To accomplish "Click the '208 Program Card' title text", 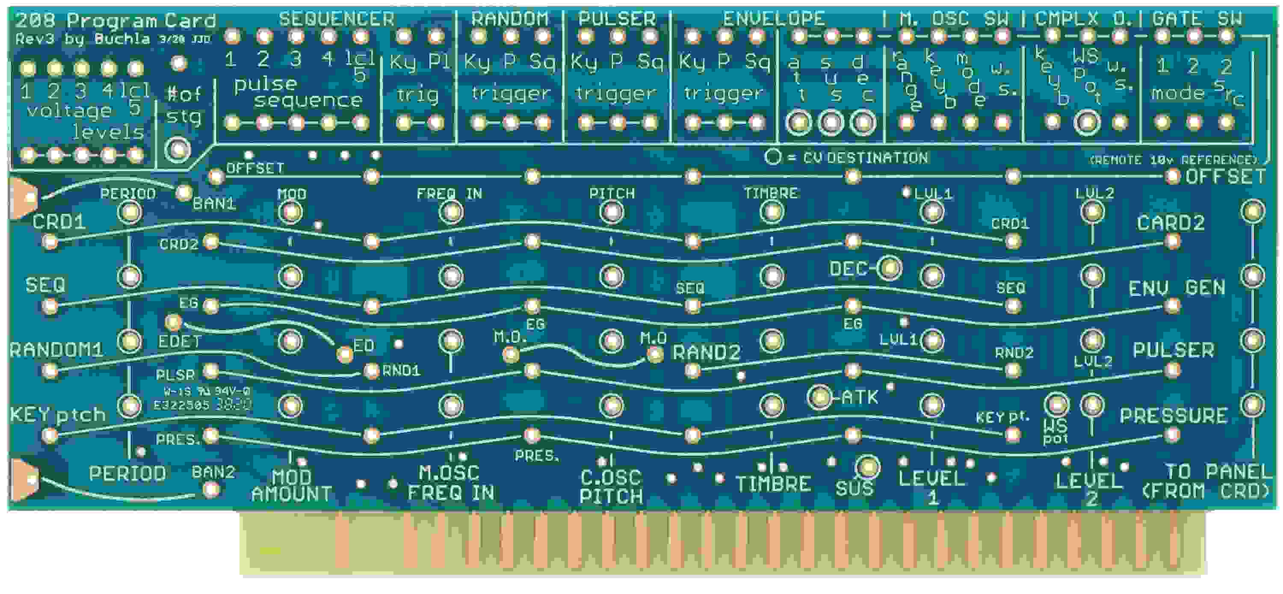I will (115, 21).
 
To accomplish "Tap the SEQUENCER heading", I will (336, 19).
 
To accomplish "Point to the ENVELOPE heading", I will (774, 19).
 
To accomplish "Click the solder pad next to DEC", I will (889, 268).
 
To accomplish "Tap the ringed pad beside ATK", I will (820, 397).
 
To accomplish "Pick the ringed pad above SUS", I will (868, 467).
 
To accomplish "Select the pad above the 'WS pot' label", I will (1056, 404).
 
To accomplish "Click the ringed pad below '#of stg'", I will (178, 149).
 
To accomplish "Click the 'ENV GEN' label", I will (1177, 288).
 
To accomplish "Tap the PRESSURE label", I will (1173, 416).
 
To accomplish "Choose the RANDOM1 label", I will (56, 350).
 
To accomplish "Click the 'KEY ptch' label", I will (57, 415).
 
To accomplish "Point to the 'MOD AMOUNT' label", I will (291, 485).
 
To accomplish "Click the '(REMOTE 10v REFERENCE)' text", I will (1174, 160).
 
